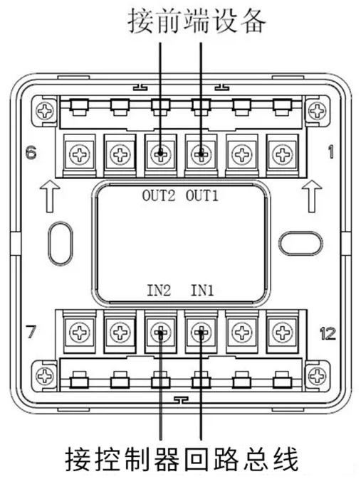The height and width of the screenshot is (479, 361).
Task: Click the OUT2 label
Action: (x=159, y=195)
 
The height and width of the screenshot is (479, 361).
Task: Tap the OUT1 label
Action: (x=202, y=195)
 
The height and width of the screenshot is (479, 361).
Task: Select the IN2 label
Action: (x=159, y=290)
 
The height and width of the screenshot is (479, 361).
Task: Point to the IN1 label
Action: (x=202, y=290)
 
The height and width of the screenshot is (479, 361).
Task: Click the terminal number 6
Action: (x=31, y=152)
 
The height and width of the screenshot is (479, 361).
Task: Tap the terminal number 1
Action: (x=330, y=152)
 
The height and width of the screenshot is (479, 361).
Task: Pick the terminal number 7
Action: (x=31, y=332)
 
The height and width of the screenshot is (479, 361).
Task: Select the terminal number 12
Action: (x=328, y=333)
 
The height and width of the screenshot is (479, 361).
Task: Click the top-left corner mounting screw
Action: (x=45, y=111)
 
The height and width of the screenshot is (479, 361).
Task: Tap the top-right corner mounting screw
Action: (x=317, y=111)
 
